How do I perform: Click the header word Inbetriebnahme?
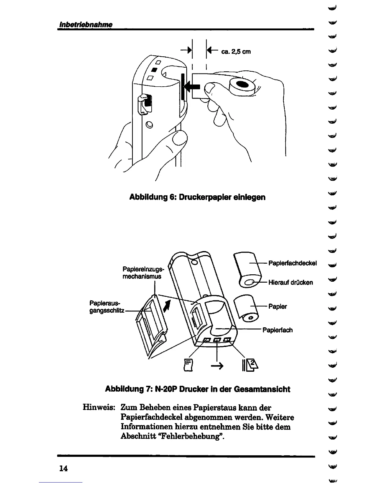tap(85, 24)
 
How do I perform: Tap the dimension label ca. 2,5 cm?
tap(236, 51)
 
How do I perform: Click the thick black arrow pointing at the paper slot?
tap(192, 87)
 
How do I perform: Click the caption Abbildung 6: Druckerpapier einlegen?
tap(197, 197)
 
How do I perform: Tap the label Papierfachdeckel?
tap(292, 263)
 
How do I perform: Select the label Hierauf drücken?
tap(290, 282)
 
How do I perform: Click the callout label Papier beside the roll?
tap(278, 306)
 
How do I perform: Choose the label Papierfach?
tap(277, 330)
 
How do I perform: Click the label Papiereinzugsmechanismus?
tap(143, 273)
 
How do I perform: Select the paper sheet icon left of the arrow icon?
tap(188, 365)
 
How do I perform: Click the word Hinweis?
tap(99, 408)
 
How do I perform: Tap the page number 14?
tap(63, 468)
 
